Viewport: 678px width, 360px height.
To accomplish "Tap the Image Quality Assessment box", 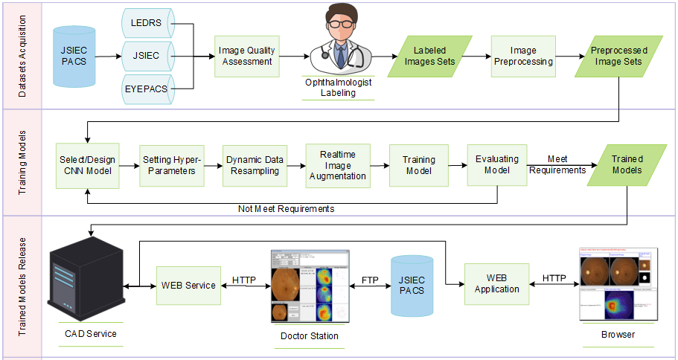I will point(246,56).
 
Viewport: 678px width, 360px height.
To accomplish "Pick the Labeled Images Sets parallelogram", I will point(429,56).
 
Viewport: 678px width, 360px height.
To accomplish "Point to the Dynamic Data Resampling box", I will point(255,165).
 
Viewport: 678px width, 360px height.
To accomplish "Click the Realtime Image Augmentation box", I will point(337,165).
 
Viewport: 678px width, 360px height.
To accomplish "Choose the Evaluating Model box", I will point(496,165).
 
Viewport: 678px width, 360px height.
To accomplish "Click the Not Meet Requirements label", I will point(286,209).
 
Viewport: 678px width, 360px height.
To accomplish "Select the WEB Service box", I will point(188,285).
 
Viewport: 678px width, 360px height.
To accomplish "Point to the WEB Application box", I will point(496,283).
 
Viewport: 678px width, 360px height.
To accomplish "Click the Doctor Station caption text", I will point(309,336).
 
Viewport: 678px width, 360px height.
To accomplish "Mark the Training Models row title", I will point(22,164).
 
